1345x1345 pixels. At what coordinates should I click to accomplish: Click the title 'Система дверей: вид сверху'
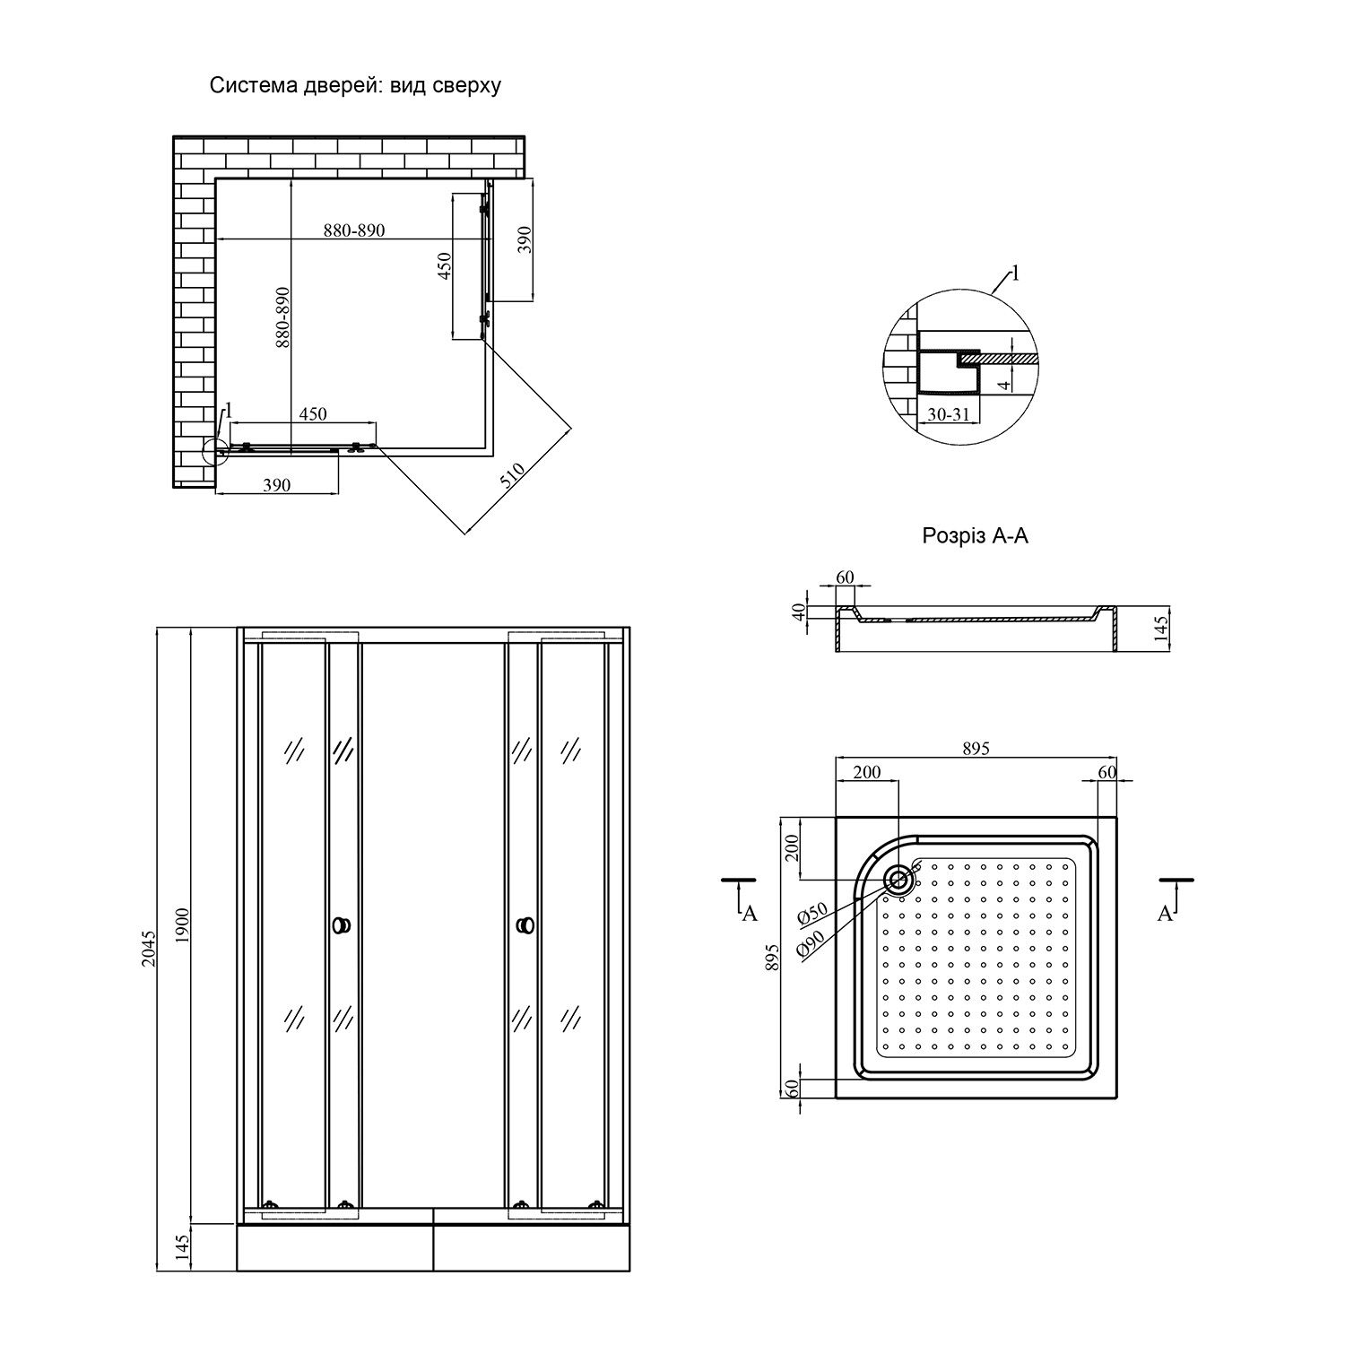(354, 86)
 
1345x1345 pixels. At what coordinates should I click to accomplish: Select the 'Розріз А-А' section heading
(975, 536)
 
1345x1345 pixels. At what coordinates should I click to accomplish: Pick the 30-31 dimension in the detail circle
(948, 415)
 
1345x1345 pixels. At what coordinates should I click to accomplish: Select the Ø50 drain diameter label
(811, 914)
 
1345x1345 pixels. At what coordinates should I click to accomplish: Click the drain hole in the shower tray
(897, 880)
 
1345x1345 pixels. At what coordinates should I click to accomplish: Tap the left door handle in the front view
(342, 925)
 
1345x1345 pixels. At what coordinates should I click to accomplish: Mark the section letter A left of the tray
(750, 913)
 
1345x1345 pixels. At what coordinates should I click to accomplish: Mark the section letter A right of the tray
(1165, 913)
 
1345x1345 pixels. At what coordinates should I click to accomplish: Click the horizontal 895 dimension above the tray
(976, 749)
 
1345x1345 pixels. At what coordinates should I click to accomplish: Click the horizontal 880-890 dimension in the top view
(354, 230)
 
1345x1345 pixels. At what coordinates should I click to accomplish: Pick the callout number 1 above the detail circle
(1014, 273)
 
